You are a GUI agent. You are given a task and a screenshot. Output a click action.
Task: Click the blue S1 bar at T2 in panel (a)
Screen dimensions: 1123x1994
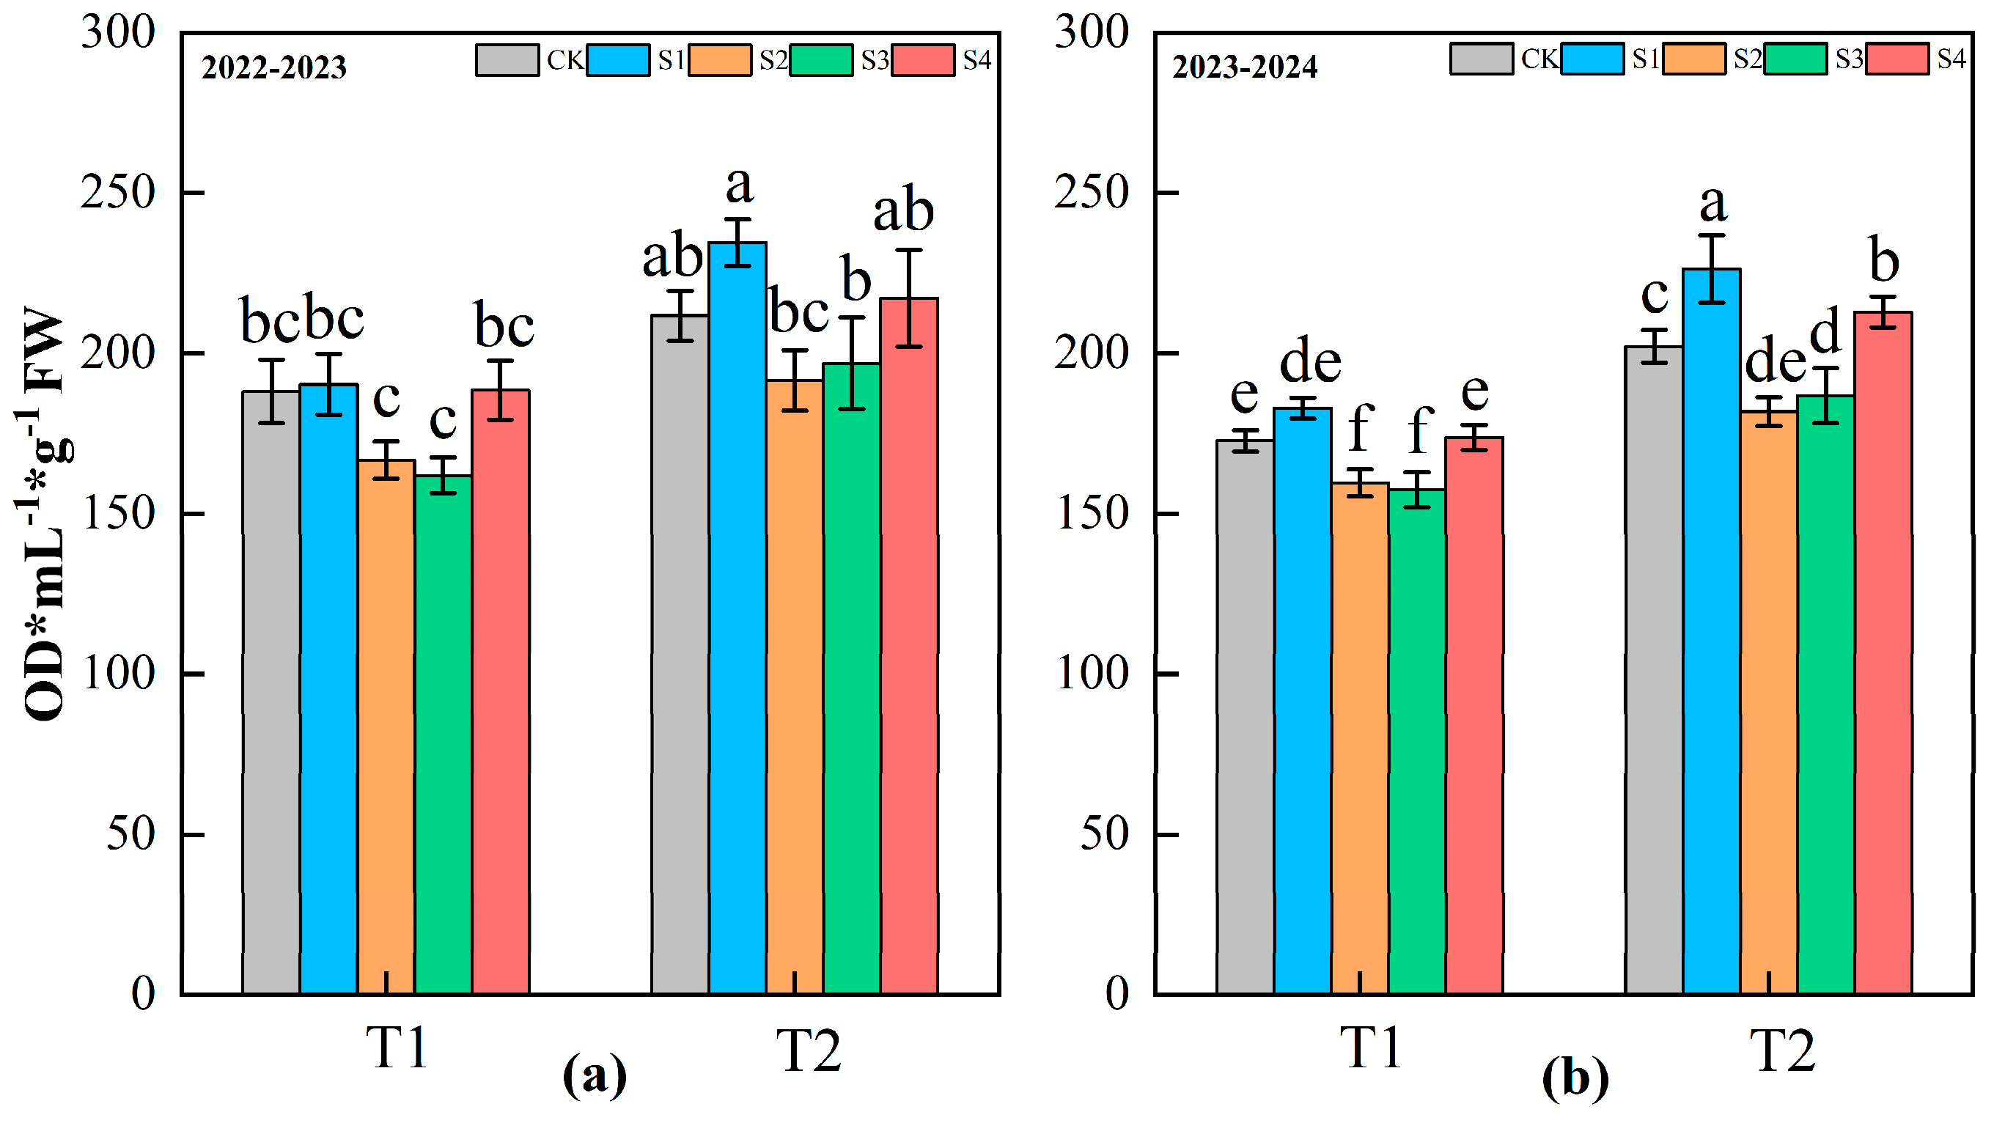coord(737,619)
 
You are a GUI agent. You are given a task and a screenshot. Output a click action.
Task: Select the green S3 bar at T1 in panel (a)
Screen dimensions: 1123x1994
coord(443,735)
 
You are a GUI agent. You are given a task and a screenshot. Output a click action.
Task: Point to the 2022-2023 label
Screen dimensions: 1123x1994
coord(273,67)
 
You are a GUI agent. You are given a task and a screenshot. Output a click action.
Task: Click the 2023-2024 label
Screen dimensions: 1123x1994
coord(1245,67)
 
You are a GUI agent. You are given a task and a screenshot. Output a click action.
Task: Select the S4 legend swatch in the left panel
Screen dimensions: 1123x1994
coord(923,60)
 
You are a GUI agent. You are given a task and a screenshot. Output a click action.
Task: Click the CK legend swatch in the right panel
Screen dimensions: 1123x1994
coord(1481,59)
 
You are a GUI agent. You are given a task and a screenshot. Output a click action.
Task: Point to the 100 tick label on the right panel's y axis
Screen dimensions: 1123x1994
coord(1092,674)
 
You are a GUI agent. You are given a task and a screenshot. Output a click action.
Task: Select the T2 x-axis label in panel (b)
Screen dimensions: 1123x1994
coord(1783,1050)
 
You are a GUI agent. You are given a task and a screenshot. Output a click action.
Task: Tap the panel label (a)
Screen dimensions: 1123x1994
coord(595,1076)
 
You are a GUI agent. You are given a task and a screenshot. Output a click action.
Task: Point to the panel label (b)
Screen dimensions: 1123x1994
coord(1575,1078)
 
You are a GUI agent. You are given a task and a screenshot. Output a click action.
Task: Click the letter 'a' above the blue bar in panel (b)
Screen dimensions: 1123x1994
coord(1713,204)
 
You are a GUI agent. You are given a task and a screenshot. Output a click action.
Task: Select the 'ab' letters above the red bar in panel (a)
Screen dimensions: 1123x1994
coord(903,210)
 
